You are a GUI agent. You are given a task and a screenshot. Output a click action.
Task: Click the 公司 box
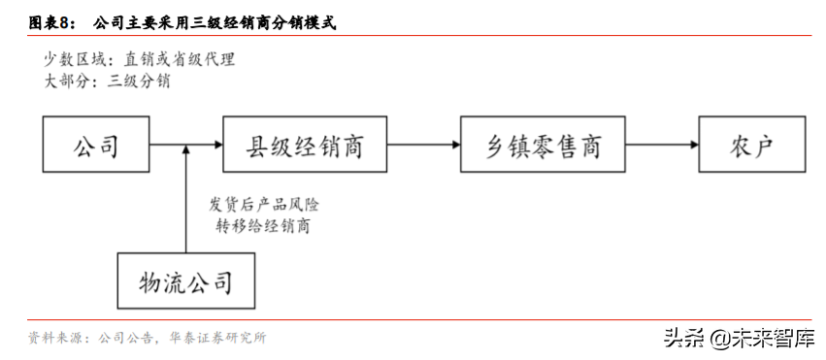click(95, 146)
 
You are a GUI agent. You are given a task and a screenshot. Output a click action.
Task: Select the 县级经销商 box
click(305, 146)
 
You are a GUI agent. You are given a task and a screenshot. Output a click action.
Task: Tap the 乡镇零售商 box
click(544, 146)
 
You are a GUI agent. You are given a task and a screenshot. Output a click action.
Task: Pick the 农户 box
click(750, 146)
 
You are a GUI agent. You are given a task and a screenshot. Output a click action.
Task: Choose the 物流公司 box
click(185, 282)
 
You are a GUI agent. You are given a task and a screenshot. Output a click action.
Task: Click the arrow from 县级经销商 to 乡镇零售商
click(423, 146)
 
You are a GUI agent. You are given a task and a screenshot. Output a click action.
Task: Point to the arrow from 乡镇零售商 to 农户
click(661, 146)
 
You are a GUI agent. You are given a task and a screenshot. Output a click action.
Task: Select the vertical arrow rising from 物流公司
click(185, 199)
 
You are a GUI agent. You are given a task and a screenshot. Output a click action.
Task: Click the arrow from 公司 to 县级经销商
click(184, 146)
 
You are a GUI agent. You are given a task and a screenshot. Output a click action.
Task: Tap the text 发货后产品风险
click(265, 205)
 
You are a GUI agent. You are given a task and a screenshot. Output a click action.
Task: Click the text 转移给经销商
click(265, 227)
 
